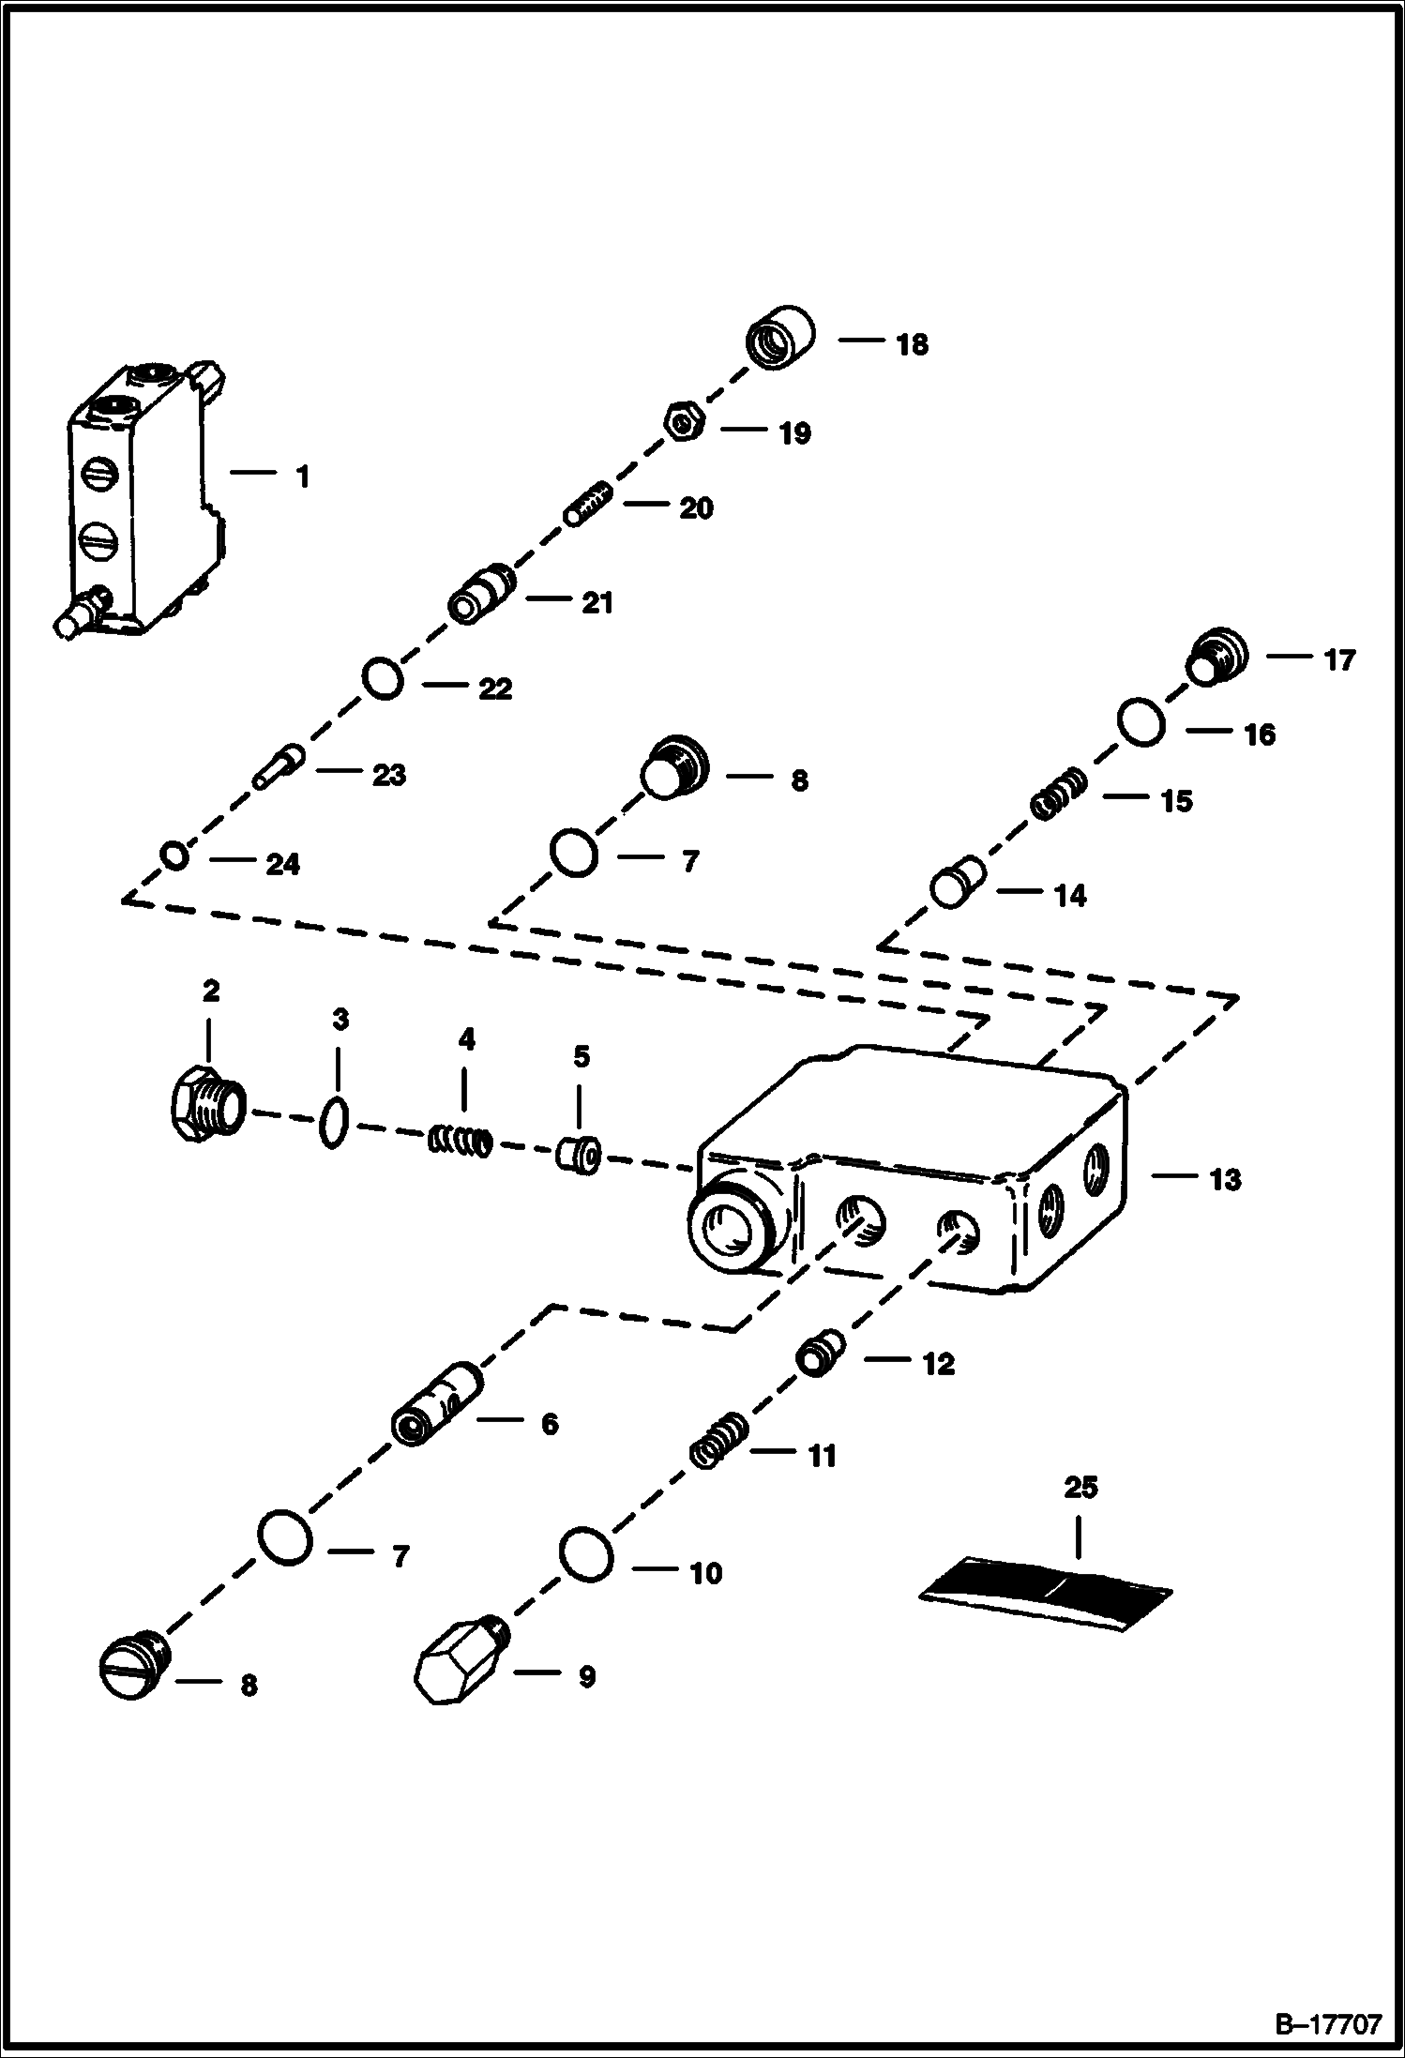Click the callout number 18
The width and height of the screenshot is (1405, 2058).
912,344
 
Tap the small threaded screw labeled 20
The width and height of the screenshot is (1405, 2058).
588,504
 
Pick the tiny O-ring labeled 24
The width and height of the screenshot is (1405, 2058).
174,855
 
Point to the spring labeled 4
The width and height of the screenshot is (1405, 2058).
461,1140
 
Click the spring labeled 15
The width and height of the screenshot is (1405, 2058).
1059,794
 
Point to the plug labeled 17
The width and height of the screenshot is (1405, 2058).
1217,657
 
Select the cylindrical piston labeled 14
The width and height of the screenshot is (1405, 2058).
958,881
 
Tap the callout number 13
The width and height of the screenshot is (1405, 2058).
1225,1179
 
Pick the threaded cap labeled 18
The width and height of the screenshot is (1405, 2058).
780,337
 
